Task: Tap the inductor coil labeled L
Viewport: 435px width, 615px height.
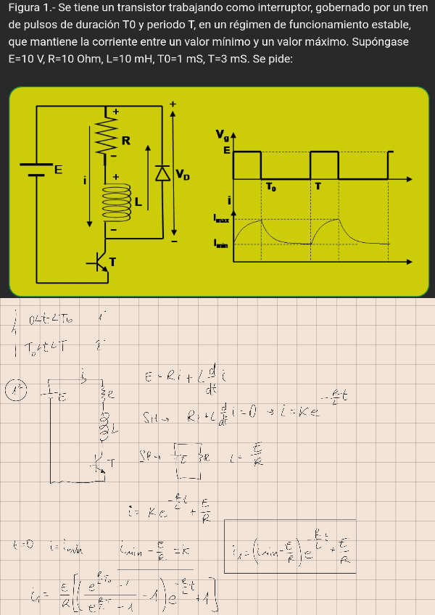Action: click(x=113, y=200)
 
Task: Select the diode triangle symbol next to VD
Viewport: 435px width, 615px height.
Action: click(x=162, y=173)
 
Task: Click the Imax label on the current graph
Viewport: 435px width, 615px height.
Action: click(x=222, y=218)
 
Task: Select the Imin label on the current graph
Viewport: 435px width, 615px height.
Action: click(x=221, y=244)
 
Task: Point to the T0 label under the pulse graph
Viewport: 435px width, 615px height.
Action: click(x=270, y=187)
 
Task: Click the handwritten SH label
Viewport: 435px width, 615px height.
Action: click(x=152, y=418)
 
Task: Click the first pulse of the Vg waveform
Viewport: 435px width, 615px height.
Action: click(x=246, y=164)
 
